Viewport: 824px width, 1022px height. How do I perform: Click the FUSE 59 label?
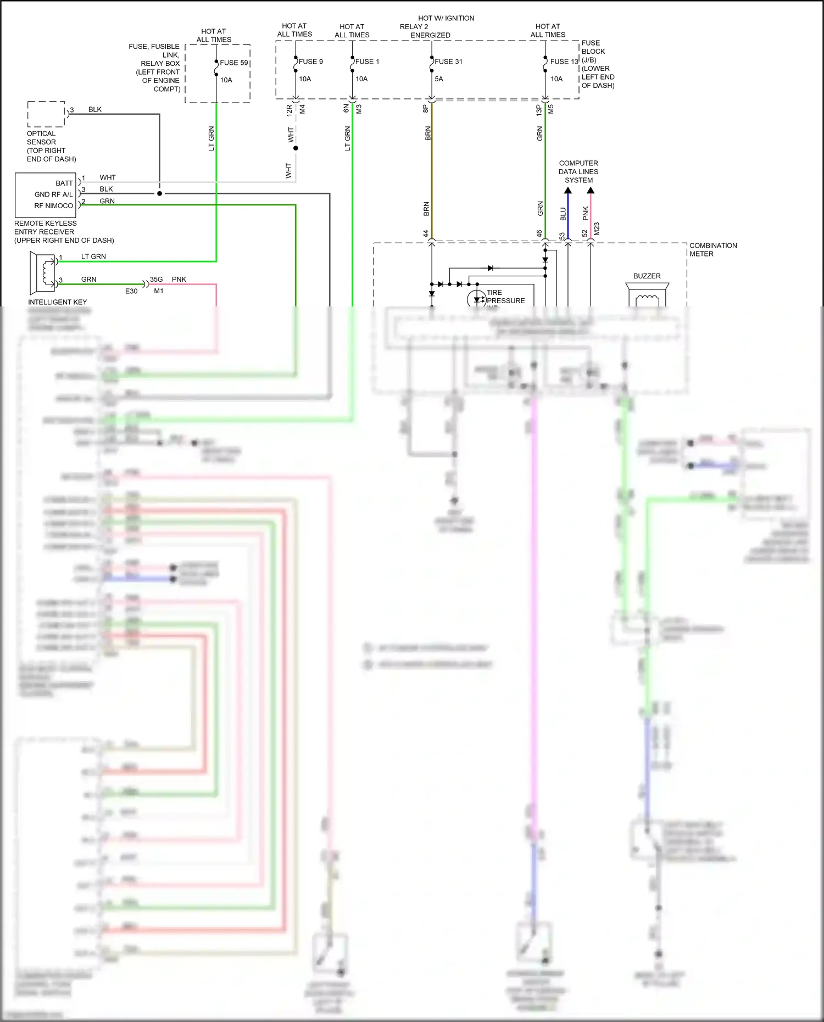point(234,63)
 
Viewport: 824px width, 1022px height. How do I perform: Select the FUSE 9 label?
point(310,62)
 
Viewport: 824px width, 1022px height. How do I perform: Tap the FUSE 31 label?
point(448,62)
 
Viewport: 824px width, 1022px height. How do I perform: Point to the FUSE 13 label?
point(564,62)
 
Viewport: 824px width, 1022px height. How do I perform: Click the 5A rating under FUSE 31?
point(439,79)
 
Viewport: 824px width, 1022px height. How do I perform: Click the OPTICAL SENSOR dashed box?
point(46,114)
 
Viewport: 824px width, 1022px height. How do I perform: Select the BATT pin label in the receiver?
point(64,183)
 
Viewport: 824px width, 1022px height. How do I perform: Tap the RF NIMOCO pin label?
point(53,206)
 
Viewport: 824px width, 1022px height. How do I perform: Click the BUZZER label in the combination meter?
point(647,276)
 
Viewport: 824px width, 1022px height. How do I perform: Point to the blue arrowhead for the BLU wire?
point(568,191)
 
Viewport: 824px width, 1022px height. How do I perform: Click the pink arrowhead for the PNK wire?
point(591,191)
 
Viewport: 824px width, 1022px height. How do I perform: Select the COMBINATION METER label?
point(713,249)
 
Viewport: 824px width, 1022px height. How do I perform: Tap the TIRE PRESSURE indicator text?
point(505,297)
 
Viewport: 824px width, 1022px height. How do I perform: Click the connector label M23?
point(597,229)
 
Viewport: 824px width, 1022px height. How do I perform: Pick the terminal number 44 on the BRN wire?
point(426,234)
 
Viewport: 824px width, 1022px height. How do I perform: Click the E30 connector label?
point(131,291)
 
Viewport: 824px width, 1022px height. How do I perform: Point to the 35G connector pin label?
point(156,280)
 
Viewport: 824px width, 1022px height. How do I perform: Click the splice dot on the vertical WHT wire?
point(296,148)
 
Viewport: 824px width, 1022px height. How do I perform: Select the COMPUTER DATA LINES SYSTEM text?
point(578,171)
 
